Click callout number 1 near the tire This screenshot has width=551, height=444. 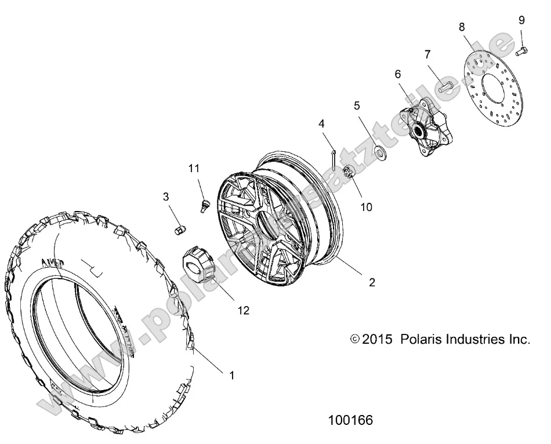pos(232,375)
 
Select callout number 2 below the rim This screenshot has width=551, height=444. pos(372,282)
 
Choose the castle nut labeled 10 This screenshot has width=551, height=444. pos(350,172)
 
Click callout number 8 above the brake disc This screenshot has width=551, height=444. pos(461,27)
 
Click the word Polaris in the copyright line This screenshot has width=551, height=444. pos(420,339)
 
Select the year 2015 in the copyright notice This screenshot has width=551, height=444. pos(378,339)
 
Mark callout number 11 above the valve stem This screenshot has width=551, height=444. pos(193,168)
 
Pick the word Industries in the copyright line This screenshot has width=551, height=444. pos(474,339)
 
